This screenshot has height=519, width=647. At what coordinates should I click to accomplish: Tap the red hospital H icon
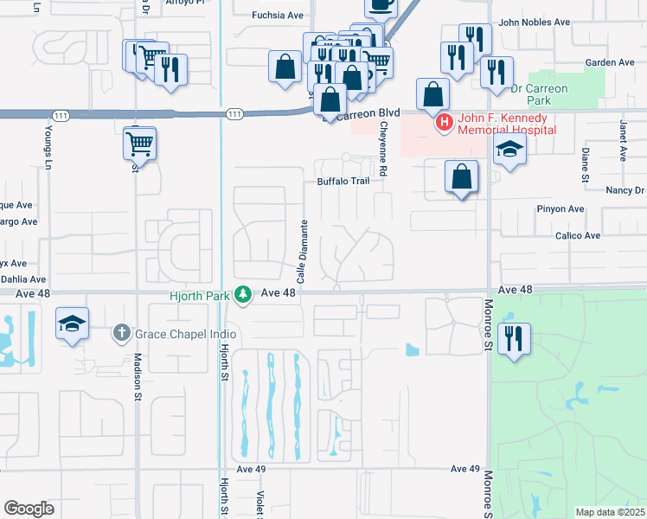coord(445,123)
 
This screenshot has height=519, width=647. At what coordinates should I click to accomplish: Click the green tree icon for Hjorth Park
coord(245,295)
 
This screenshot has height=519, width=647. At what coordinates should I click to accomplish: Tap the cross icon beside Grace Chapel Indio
coord(122,332)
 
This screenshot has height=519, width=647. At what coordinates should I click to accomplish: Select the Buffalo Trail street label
coord(343,182)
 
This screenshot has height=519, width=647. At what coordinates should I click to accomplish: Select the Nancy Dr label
coord(625,190)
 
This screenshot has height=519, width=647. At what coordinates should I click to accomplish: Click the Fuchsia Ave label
coord(278,15)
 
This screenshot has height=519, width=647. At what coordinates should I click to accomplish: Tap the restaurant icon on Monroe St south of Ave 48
coord(514,338)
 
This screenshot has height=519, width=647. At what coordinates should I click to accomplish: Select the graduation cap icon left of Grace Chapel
coord(72,325)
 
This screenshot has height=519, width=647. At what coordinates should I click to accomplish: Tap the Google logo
coord(29,509)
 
